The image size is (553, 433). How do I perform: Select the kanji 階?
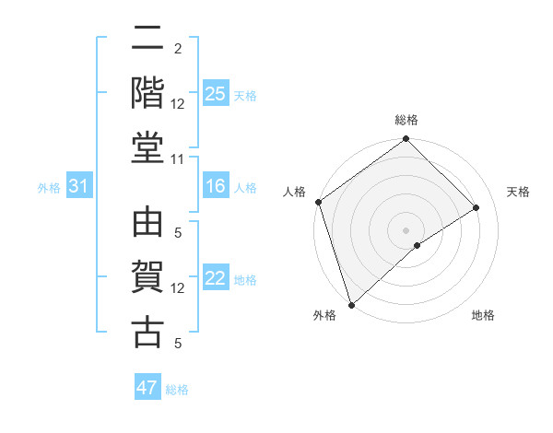click(147, 93)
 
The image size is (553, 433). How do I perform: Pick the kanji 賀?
click(147, 278)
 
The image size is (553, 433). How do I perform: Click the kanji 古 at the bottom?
click(147, 333)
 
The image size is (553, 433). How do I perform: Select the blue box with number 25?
click(215, 93)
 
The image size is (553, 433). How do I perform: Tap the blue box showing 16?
click(215, 187)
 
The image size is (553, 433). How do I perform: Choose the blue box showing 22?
click(215, 279)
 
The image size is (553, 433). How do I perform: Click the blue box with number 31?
click(79, 187)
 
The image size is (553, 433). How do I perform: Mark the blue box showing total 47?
click(147, 388)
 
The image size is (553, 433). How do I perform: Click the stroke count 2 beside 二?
click(177, 48)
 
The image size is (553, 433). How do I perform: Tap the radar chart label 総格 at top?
click(406, 120)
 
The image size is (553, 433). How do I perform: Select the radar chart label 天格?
click(518, 192)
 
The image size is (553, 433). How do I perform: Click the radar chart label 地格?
click(483, 316)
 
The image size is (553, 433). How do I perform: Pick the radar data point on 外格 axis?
click(350, 305)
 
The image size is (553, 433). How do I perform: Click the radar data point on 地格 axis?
click(418, 245)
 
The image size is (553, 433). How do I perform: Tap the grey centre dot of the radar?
click(406, 229)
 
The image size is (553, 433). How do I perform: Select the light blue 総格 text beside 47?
click(177, 390)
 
